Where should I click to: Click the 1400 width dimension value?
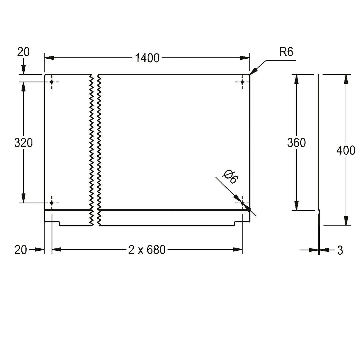tap(147, 58)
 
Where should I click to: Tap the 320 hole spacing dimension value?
tap(24, 143)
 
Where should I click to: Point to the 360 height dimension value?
tap(296, 143)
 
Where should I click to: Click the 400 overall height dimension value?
tap(346, 151)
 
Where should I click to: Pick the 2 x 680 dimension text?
tap(147, 250)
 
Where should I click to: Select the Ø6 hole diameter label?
tap(230, 177)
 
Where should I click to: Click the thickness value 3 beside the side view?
tap(340, 250)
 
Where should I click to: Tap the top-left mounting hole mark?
tap(52, 82)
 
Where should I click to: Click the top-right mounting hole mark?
tap(242, 82)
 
